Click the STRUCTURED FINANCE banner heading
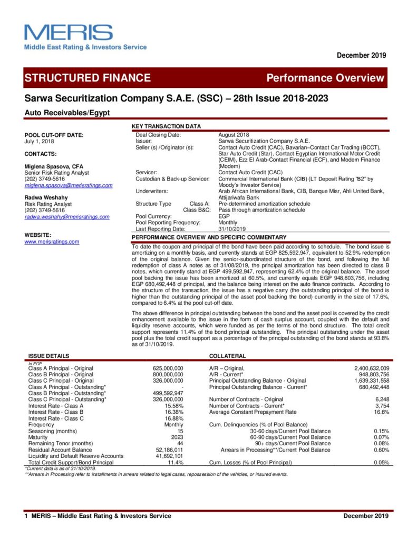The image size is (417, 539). click(x=88, y=78)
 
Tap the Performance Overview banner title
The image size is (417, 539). click(x=325, y=78)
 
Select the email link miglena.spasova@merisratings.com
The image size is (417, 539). click(x=69, y=185)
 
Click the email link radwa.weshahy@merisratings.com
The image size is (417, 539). click(x=67, y=216)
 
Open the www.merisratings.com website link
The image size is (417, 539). click(x=52, y=242)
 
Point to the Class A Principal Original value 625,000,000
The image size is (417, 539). click(x=168, y=368)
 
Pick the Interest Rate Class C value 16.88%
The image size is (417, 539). click(x=173, y=418)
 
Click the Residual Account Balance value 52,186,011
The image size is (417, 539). click(x=169, y=450)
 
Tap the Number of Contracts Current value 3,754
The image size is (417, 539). click(x=381, y=406)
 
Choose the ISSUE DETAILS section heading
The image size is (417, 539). click(x=49, y=356)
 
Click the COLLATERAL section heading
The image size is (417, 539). click(x=228, y=356)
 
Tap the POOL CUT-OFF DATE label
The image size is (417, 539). click(x=54, y=135)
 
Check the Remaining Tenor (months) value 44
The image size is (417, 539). click(x=179, y=444)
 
